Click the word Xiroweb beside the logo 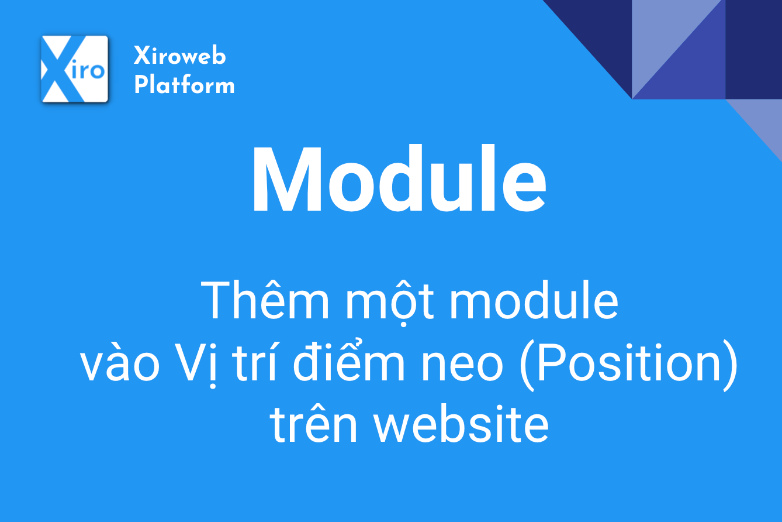[180, 55]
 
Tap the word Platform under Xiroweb [184, 84]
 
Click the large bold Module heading [399, 178]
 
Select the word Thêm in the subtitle [265, 300]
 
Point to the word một [390, 303]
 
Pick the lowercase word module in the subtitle [534, 300]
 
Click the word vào [120, 361]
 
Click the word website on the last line [461, 424]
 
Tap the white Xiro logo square [75, 69]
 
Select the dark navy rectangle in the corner [753, 49]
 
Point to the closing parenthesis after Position [731, 365]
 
